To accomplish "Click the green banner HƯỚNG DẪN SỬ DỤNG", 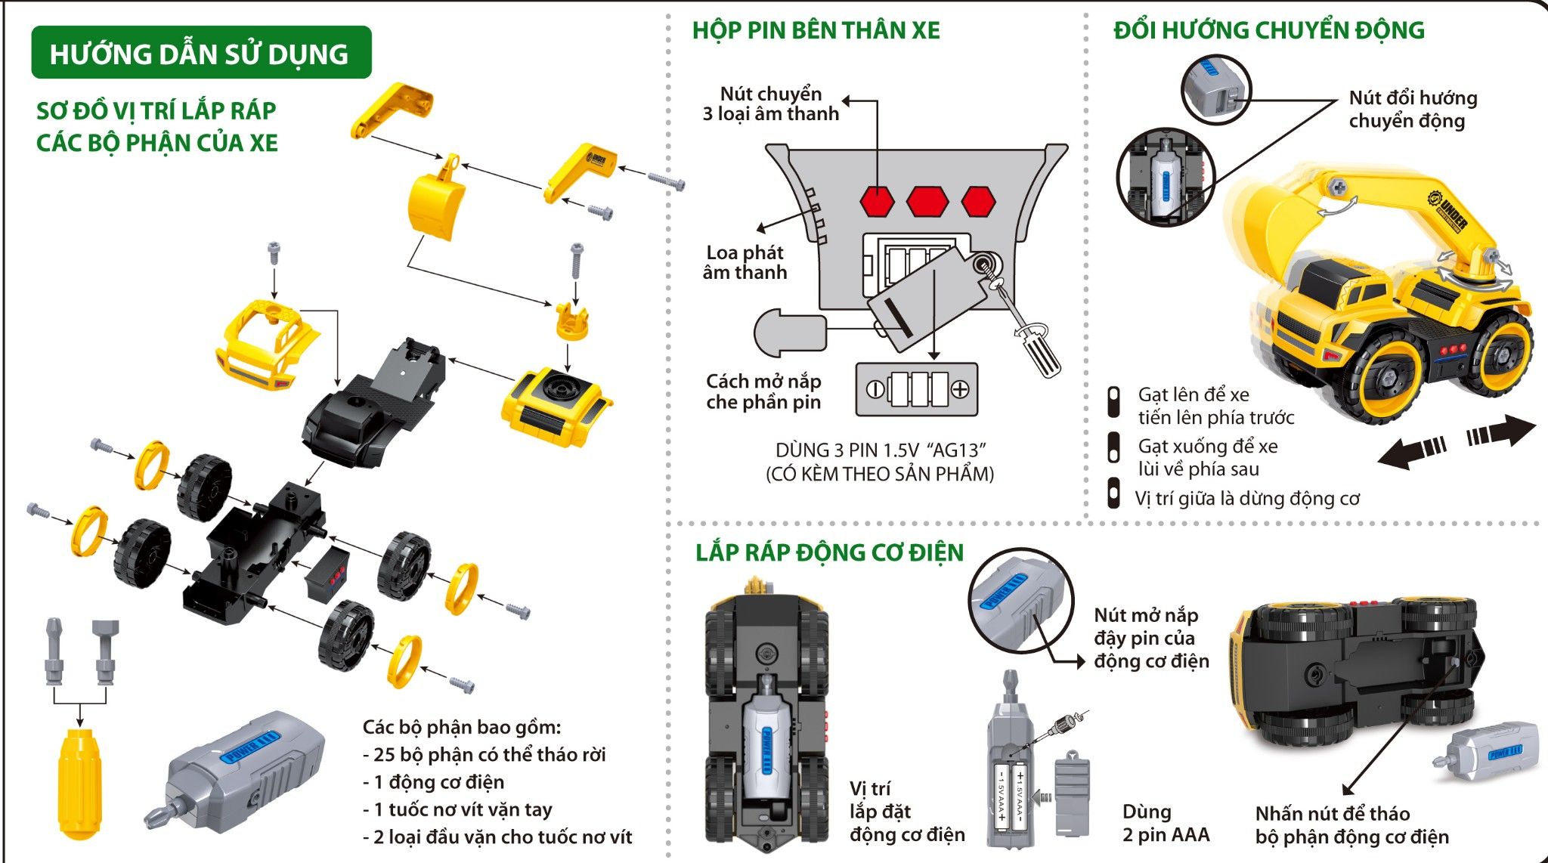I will (200, 53).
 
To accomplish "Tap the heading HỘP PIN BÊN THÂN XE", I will (816, 30).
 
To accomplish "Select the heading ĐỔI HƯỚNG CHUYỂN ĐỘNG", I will (1268, 30).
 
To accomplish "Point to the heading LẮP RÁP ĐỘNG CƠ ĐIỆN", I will (829, 552).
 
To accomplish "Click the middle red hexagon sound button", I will (927, 201).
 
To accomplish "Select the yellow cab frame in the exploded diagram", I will (265, 344).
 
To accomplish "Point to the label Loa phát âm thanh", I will (745, 262).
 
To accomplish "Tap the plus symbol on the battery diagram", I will (960, 389).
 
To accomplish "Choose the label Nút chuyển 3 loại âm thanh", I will (770, 104).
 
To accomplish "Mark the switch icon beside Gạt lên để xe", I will (1113, 402).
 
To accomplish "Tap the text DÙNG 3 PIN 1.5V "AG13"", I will (881, 450).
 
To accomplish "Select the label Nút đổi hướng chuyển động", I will (1412, 109).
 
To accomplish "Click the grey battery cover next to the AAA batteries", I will (1072, 793).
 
